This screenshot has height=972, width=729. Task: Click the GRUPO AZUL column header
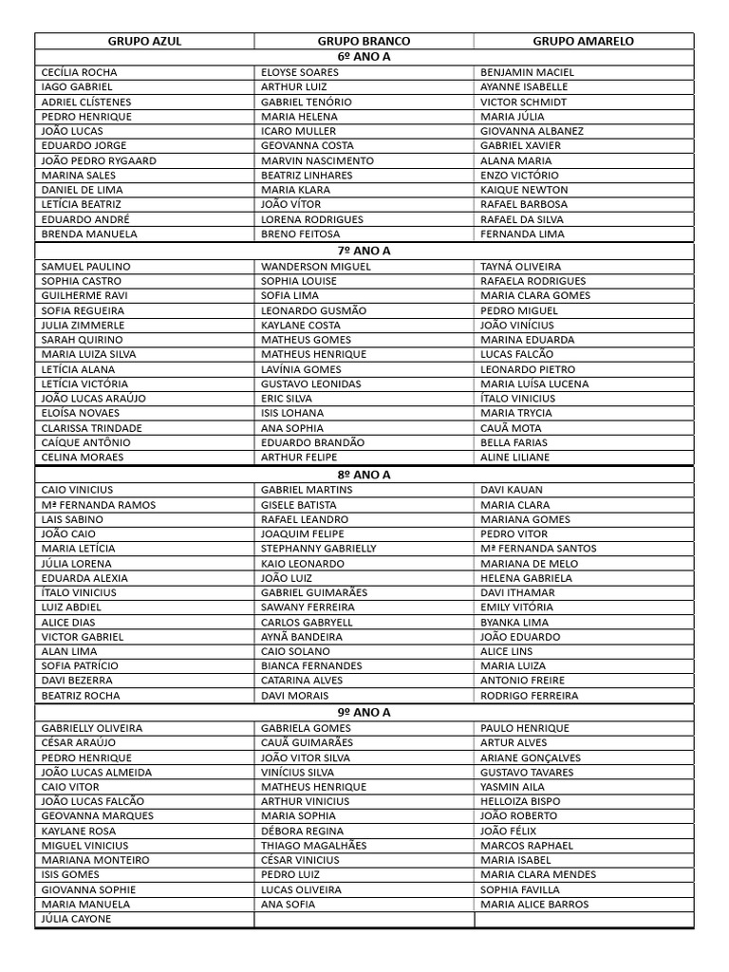pos(144,42)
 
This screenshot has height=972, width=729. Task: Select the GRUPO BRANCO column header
pos(364,42)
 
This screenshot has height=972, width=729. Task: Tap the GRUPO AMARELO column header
pos(583,42)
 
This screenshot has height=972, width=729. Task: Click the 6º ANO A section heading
pos(364,57)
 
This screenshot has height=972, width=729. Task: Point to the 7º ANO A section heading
pos(364,251)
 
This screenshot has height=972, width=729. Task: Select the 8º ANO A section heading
pos(364,475)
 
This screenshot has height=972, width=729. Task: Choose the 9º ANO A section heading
pos(364,713)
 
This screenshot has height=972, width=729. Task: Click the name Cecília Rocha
pos(80,72)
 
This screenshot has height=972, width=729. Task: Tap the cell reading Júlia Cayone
pos(77,919)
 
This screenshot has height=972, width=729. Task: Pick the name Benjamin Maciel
pos(527,72)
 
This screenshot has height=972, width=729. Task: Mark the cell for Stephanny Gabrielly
pos(319,549)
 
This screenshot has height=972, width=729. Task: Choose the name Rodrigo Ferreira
pos(529,696)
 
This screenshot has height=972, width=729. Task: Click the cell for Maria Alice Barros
pos(534,905)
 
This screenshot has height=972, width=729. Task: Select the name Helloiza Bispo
pos(520,801)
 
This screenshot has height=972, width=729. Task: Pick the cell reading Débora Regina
pos(302,831)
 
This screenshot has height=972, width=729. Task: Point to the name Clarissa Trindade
pos(91,428)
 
